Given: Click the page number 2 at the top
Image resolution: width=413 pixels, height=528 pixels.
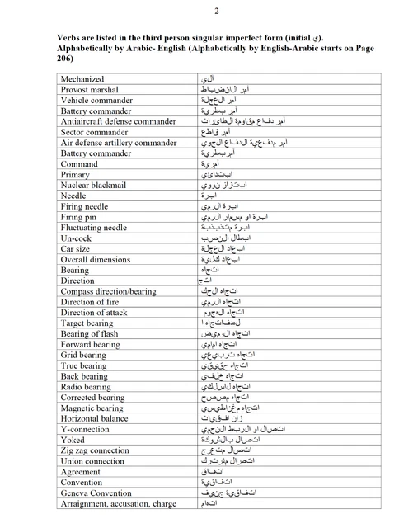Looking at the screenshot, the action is click(x=216, y=11).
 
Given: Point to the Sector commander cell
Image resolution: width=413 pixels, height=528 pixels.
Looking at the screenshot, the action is click(x=95, y=132).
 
